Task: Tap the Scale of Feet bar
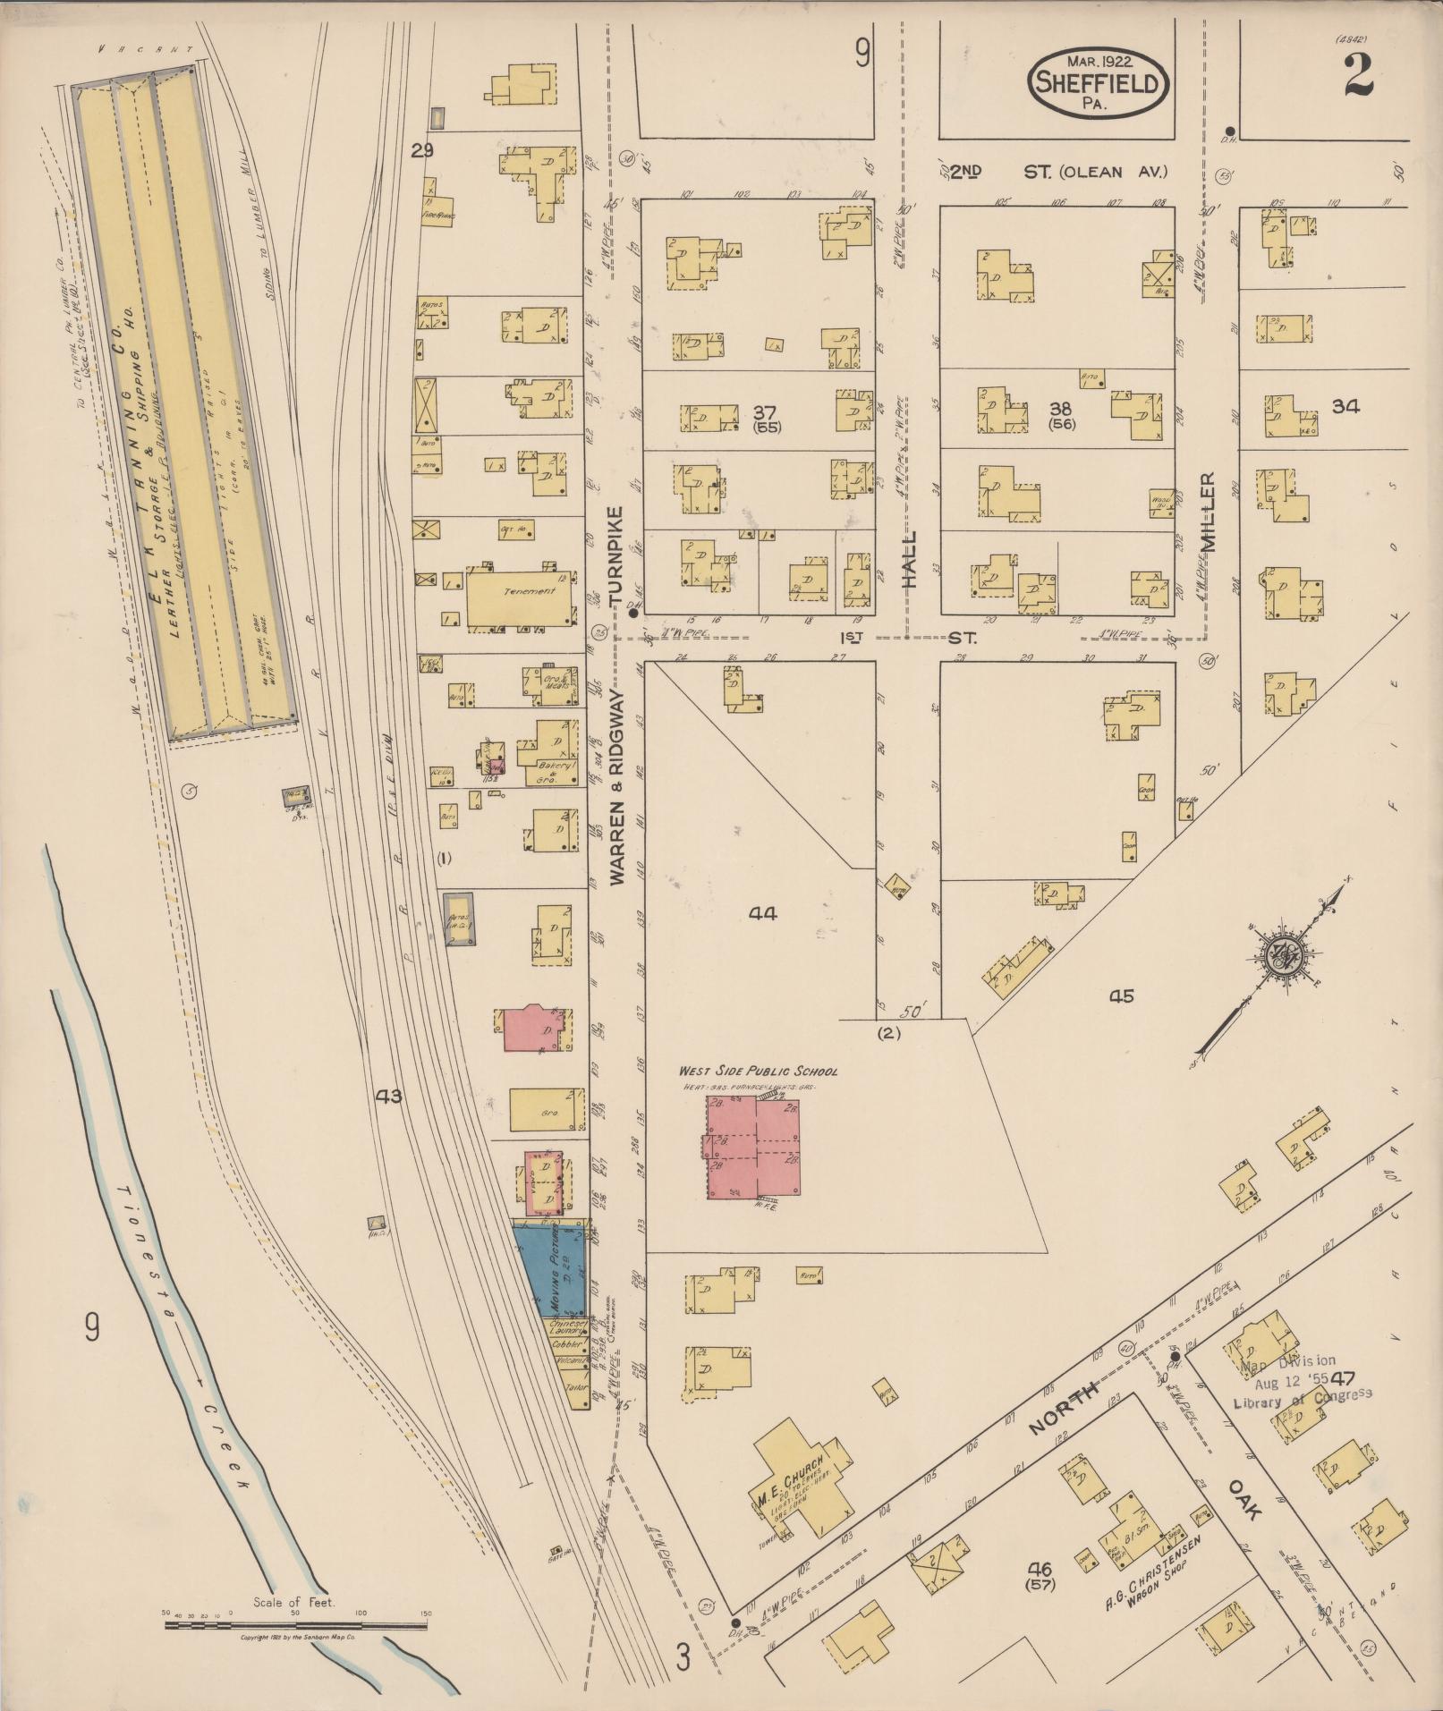(x=295, y=1621)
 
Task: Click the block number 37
(x=764, y=412)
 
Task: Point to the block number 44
(x=763, y=913)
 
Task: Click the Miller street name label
(x=1209, y=512)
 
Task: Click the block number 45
(x=1121, y=995)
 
